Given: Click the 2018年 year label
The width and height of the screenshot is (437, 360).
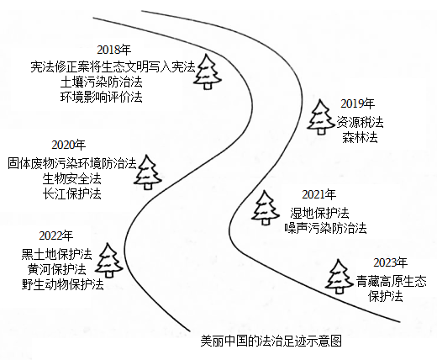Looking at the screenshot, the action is coord(114,50).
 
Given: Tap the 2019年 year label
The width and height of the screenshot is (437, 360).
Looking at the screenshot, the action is coord(358,104).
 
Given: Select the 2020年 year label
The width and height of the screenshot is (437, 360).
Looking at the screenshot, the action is coord(69,146).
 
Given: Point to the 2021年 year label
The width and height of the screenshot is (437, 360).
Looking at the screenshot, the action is coord(319,194).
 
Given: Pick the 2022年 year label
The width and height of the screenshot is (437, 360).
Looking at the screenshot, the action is coord(56,236).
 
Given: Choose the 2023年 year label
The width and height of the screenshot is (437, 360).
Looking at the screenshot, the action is coord(391,263).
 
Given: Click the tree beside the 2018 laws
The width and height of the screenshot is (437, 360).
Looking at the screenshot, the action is coord(208,71).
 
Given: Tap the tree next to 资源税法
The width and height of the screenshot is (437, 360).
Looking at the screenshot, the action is coord(321,117).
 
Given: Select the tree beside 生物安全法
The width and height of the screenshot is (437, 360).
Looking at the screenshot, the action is coord(148,172).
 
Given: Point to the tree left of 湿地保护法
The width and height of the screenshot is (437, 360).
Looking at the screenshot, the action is coord(265,208).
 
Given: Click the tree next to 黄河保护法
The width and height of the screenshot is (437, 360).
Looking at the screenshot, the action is coord(108,261).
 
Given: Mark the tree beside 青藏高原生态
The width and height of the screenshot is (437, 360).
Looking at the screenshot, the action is coord(340,277).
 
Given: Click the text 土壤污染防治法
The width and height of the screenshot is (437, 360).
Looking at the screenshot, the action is coord(102,82).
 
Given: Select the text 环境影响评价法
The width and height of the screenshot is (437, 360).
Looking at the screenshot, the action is coord(102,97).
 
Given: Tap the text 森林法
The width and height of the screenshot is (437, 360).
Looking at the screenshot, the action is coord(360,137).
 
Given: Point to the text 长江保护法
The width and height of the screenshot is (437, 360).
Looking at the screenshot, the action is coord(72,194).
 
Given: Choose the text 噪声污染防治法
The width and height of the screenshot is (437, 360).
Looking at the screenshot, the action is coord(325,228).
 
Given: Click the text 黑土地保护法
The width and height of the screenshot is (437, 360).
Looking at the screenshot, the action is coord(57,254).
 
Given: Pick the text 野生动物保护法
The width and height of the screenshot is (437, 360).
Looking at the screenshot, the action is coord(63,284).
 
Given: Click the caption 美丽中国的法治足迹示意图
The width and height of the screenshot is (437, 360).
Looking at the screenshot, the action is coord(271,341).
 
